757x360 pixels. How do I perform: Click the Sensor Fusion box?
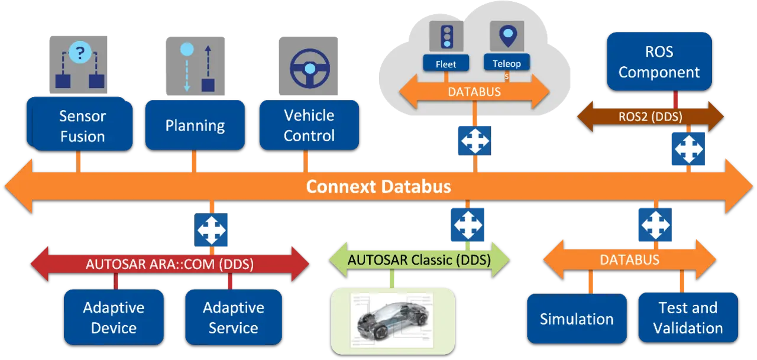[x=82, y=126]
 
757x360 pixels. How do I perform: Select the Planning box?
[x=195, y=125]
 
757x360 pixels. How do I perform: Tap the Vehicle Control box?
[x=309, y=125]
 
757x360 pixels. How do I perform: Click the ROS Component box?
[x=659, y=61]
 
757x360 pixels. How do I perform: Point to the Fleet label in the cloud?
[x=446, y=63]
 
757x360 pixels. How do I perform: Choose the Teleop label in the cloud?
[x=506, y=63]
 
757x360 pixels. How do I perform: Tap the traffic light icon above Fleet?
[x=446, y=36]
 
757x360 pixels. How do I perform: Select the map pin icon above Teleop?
[x=507, y=36]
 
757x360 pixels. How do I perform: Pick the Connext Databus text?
[x=378, y=187]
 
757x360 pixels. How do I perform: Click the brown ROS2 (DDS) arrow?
[x=650, y=116]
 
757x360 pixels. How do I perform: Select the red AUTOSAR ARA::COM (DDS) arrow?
[x=169, y=264]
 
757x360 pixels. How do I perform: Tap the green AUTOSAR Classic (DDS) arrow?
[x=419, y=260]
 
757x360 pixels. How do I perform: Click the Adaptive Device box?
[x=114, y=317]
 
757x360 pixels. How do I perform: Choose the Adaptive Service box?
[x=233, y=317]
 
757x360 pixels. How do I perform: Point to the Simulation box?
[x=577, y=319]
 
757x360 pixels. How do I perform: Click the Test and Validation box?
[x=688, y=317]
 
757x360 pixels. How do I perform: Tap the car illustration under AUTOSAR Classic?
[x=393, y=317]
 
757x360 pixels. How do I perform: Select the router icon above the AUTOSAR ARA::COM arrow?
[x=211, y=230]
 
